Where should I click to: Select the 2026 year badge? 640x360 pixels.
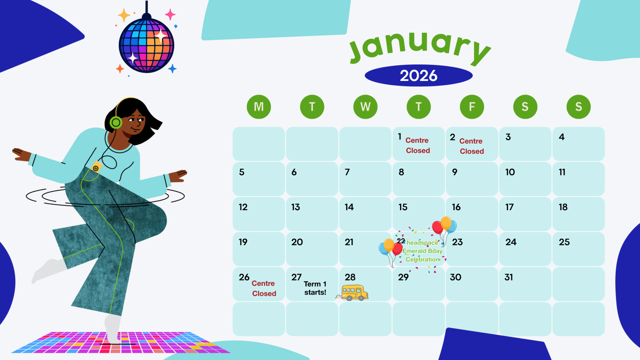point(418,76)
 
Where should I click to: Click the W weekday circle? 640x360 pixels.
point(365,107)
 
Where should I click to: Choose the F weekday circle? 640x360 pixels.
point(472,107)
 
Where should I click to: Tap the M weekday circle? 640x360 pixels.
point(259,107)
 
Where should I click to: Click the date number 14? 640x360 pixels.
point(349,207)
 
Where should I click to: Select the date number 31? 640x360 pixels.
point(509,277)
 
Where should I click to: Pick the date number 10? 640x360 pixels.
point(510,172)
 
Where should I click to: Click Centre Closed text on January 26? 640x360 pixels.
point(264,288)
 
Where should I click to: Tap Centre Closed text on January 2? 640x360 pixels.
point(472,146)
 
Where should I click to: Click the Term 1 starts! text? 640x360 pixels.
point(315,288)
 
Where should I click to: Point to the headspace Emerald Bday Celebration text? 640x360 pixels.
point(422,251)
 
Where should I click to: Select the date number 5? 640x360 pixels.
point(242,172)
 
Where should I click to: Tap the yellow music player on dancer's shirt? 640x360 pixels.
point(96,167)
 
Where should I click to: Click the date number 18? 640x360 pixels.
point(563,207)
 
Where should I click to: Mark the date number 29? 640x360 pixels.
point(403,277)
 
